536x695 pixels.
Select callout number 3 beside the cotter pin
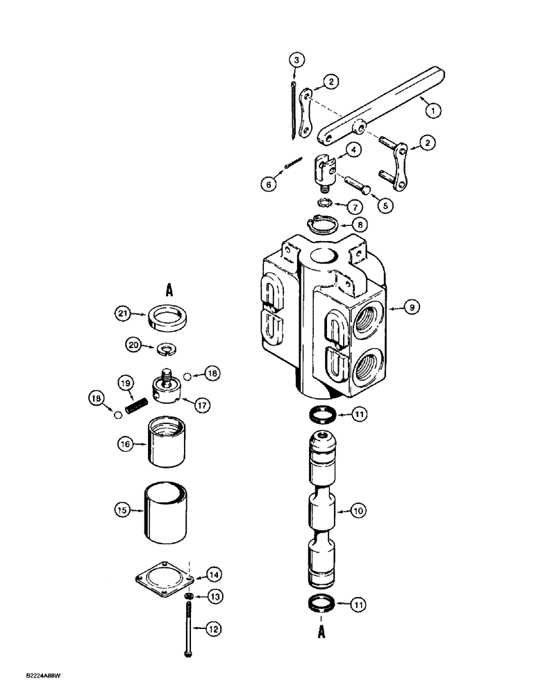(296, 61)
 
